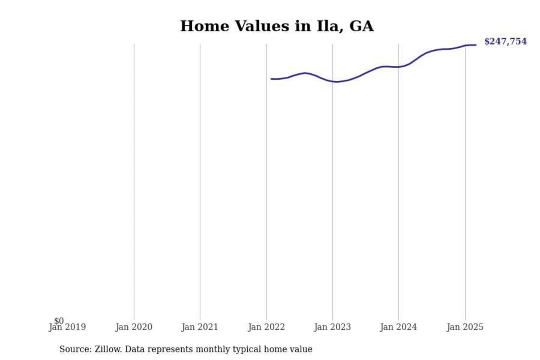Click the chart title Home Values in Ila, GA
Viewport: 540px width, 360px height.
click(277, 26)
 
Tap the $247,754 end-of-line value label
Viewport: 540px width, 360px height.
click(505, 42)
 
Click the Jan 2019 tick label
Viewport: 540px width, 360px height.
click(67, 327)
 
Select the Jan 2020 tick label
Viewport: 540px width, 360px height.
click(134, 327)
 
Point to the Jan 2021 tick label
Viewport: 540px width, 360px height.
click(200, 327)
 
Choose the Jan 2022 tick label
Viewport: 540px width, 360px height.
click(267, 327)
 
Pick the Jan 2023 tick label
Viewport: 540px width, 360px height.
click(333, 327)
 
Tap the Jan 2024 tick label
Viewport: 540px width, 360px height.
click(399, 327)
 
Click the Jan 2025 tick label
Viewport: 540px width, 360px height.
click(465, 327)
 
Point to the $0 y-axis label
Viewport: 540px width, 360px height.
click(59, 321)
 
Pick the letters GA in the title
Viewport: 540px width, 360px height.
click(361, 26)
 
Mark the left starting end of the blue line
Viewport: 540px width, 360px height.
click(271, 79)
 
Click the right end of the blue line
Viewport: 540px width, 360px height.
click(476, 45)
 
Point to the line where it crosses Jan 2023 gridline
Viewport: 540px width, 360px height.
click(333, 81)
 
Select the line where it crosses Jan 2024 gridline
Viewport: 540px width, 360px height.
click(399, 67)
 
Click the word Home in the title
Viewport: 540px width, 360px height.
click(204, 26)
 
